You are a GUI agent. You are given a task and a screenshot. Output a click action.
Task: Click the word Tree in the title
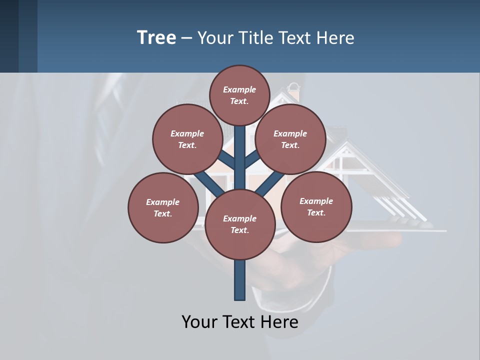(156, 37)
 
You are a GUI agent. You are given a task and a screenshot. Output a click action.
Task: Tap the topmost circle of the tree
(240, 95)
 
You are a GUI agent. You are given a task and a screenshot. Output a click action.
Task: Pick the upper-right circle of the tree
(290, 139)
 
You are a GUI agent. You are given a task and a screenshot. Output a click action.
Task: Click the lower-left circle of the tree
(163, 207)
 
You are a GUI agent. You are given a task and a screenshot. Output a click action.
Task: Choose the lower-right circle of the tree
(316, 206)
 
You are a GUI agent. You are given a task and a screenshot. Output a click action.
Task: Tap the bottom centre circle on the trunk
(240, 224)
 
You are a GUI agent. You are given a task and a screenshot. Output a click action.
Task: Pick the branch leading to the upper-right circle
(252, 160)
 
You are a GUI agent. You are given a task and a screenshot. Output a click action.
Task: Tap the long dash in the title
(186, 38)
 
